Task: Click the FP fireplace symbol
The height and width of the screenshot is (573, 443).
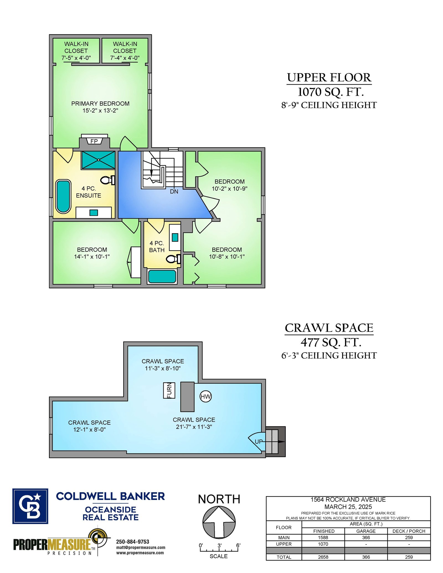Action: coord(94,141)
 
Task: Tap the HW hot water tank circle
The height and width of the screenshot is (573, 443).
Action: coord(206,396)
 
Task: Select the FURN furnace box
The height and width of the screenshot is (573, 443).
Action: coord(169,390)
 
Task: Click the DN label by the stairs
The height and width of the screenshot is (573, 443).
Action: coord(174,191)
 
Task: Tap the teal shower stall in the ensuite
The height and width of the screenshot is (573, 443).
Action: coord(98,160)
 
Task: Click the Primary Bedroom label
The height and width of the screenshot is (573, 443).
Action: coord(100,103)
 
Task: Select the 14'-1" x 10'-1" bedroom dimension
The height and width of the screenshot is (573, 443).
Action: coord(92,257)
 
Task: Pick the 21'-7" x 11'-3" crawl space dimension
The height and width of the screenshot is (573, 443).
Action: coord(194,427)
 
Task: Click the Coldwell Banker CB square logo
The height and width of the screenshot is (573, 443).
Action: coord(30,506)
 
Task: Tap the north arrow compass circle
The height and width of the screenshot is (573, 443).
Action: coord(219,522)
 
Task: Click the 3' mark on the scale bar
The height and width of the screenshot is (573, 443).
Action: coord(219,546)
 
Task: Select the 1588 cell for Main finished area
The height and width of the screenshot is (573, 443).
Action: coord(323,538)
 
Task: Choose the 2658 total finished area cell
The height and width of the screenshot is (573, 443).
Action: coord(323,557)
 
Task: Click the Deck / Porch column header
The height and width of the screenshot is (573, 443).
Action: coord(409,531)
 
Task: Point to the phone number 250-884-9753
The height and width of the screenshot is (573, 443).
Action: coord(133,542)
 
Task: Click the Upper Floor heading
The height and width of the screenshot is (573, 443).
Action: coord(329,77)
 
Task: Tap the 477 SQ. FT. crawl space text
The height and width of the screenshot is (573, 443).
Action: coord(331,342)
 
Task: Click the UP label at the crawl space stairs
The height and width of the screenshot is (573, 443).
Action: coord(259,442)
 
